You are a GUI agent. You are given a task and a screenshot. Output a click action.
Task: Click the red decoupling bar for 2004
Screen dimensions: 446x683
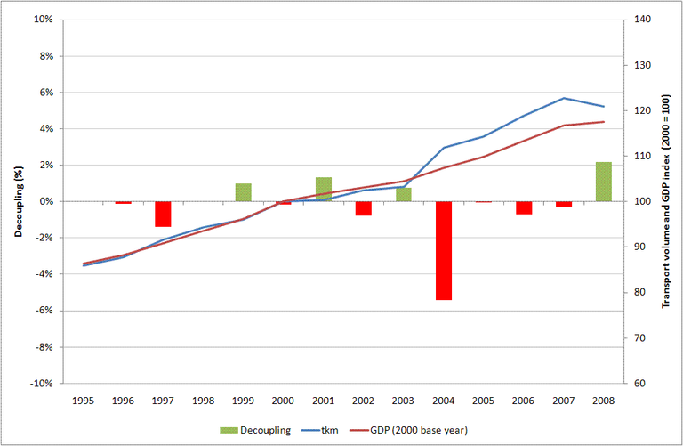[x=444, y=250]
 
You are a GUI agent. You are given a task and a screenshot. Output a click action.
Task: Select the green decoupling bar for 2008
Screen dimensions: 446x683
[x=604, y=182]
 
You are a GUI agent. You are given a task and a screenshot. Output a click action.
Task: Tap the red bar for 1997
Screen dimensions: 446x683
[x=163, y=214]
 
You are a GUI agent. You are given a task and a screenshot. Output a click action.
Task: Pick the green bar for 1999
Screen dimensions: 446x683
[x=243, y=192]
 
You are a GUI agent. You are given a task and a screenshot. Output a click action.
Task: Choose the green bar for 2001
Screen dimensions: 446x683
[x=324, y=190]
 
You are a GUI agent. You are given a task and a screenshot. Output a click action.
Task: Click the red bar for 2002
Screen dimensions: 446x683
[x=363, y=208]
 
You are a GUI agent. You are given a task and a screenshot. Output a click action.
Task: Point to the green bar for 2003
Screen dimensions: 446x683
[x=404, y=194]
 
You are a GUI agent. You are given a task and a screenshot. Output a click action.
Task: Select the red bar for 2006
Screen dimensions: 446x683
[x=524, y=207]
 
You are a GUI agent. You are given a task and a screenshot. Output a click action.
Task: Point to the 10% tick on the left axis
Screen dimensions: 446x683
[x=43, y=20]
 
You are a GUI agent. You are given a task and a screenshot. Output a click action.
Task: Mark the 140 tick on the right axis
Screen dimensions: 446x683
[x=641, y=20]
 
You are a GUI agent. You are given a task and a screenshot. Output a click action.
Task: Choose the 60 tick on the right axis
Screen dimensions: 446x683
[x=639, y=384]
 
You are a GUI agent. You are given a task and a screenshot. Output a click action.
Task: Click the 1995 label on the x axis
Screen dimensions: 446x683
[x=83, y=401]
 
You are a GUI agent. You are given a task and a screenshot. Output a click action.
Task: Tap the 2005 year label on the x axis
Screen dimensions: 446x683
[x=484, y=401]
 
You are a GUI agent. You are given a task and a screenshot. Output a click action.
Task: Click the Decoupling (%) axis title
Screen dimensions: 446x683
[x=17, y=201]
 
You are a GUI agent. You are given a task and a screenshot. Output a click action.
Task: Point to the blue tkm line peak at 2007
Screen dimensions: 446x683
[x=564, y=98]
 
